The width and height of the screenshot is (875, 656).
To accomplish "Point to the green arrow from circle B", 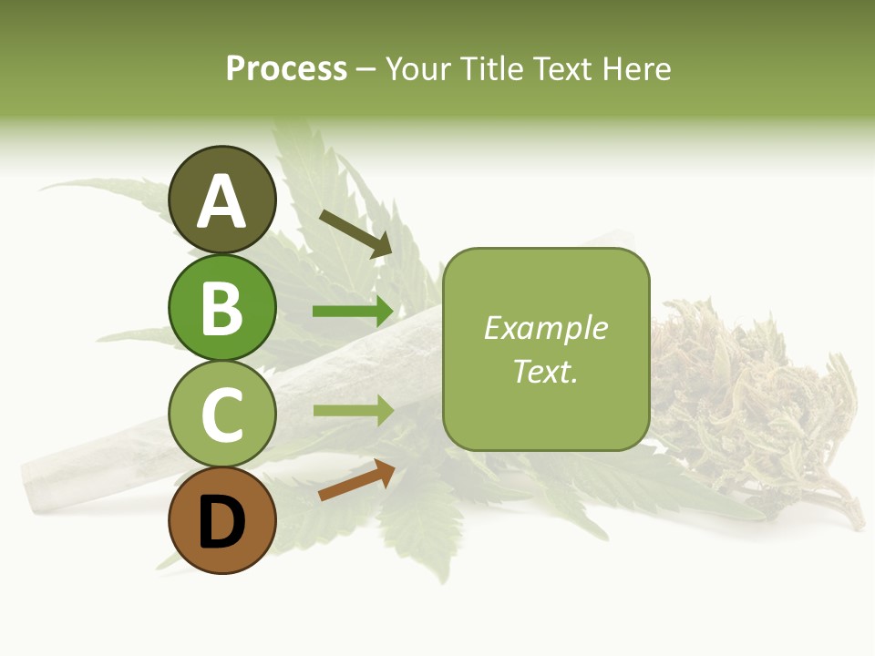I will point(353,312).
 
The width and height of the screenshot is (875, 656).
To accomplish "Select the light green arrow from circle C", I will point(353,411).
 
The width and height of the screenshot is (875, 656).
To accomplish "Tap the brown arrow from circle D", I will point(356,480).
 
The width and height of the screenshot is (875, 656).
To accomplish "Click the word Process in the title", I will point(286,68).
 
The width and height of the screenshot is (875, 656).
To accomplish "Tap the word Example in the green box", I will point(546,328).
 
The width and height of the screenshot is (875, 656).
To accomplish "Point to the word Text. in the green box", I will point(546,371).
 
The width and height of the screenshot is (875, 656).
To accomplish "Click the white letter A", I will point(221,201).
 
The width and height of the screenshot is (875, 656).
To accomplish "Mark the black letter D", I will point(221,524).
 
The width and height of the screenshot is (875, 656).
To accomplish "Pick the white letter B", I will point(221,308).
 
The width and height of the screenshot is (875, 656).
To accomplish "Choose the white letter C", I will point(221,415).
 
